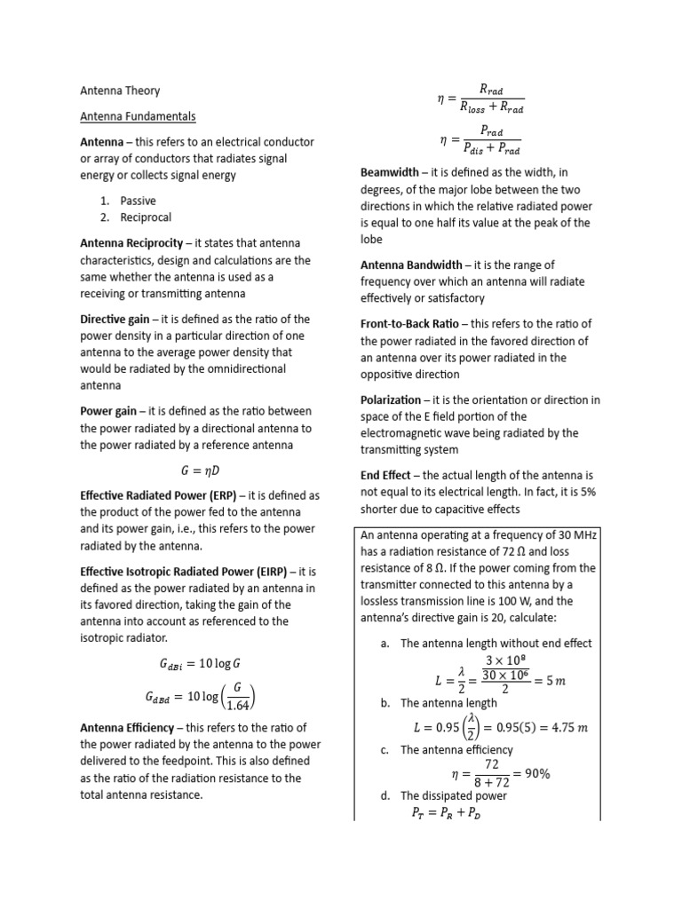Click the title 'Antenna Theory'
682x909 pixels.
tap(120, 91)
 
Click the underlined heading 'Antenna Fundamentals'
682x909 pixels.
tap(138, 116)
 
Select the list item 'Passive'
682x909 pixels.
tap(138, 201)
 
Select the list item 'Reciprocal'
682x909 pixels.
tap(146, 217)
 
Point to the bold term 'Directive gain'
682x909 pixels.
tap(115, 319)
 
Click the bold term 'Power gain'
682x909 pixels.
tap(108, 411)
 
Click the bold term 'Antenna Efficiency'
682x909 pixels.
tap(129, 728)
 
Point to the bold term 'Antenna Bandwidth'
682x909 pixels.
tap(411, 265)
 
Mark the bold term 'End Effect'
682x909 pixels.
tap(385, 475)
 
